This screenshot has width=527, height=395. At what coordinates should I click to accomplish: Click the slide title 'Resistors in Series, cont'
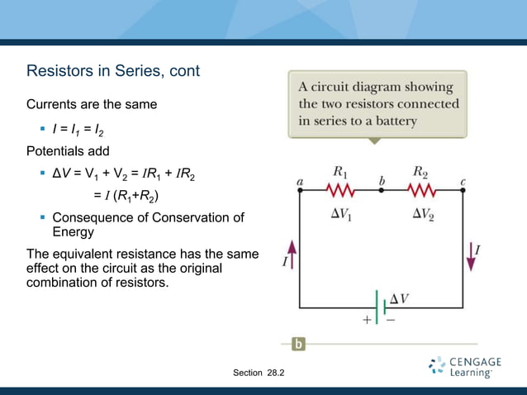[x=113, y=71]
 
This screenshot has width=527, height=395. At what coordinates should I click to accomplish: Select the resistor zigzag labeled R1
[x=340, y=191]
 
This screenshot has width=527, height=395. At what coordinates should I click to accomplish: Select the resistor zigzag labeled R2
[x=421, y=191]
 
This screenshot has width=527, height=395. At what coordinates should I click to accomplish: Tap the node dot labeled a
[x=299, y=191]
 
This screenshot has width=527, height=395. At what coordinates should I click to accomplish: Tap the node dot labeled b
[x=381, y=191]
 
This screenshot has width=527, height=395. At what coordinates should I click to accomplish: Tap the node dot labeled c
[x=463, y=191]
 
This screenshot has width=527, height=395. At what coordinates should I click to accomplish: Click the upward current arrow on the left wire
[x=290, y=252]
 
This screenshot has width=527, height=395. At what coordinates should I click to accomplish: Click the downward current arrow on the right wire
[x=472, y=256]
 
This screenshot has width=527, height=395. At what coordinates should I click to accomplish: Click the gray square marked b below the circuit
[x=298, y=343]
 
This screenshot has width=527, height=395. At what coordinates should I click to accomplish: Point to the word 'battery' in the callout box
[x=394, y=121]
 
